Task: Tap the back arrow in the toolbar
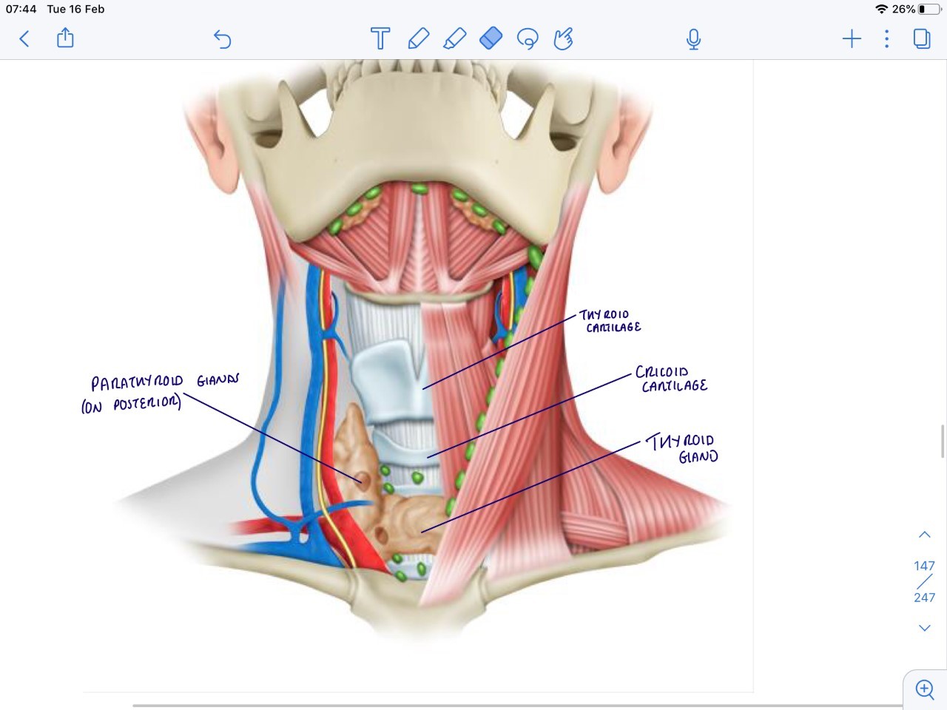pyautogui.click(x=24, y=38)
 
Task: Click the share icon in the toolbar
pyautogui.click(x=65, y=38)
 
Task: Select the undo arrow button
pyautogui.click(x=222, y=38)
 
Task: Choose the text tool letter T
pyautogui.click(x=380, y=38)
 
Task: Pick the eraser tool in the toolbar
pyautogui.click(x=491, y=38)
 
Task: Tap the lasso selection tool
pyautogui.click(x=528, y=38)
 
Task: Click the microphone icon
pyautogui.click(x=693, y=38)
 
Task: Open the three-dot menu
pyautogui.click(x=886, y=38)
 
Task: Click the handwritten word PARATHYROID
pyautogui.click(x=137, y=382)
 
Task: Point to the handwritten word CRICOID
pyautogui.click(x=662, y=371)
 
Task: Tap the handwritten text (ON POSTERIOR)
pyautogui.click(x=131, y=405)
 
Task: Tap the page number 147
pyautogui.click(x=924, y=566)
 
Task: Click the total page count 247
pyautogui.click(x=924, y=598)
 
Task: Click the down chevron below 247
pyautogui.click(x=924, y=628)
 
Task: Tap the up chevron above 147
pyautogui.click(x=924, y=535)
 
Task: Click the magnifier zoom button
pyautogui.click(x=925, y=689)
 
